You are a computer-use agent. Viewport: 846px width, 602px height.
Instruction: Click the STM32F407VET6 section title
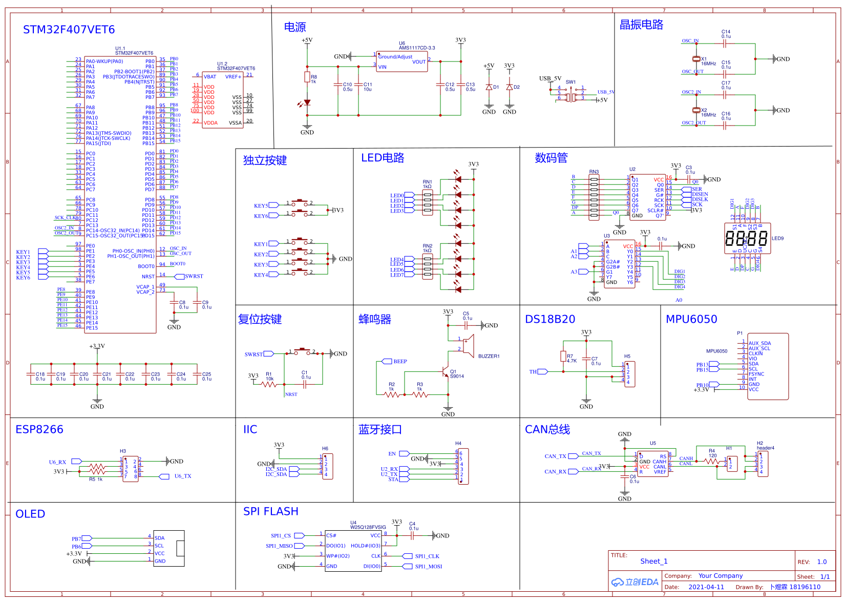coord(69,30)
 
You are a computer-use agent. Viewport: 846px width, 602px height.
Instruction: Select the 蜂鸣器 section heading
coord(374,319)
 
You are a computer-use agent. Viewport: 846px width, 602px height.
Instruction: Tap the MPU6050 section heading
coord(691,319)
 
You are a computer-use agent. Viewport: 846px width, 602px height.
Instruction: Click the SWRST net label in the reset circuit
coord(253,354)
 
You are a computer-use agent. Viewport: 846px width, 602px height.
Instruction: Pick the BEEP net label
coord(400,361)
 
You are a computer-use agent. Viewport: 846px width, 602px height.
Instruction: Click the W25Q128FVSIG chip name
coord(368,527)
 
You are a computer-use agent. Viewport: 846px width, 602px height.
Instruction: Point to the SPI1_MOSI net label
coord(428,566)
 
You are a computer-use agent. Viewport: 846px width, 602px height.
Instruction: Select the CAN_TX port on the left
coord(555,456)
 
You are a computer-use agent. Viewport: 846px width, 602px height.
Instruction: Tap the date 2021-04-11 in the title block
coord(706,587)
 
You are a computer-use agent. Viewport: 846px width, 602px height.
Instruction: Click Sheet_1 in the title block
coord(653,561)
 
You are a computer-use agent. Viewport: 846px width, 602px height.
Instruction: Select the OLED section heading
coord(30,514)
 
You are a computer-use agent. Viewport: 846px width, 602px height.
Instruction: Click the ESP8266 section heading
coord(39,429)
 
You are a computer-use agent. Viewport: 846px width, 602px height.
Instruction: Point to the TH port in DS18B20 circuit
coord(533,371)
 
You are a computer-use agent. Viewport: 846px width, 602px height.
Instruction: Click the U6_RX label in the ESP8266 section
coord(57,462)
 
